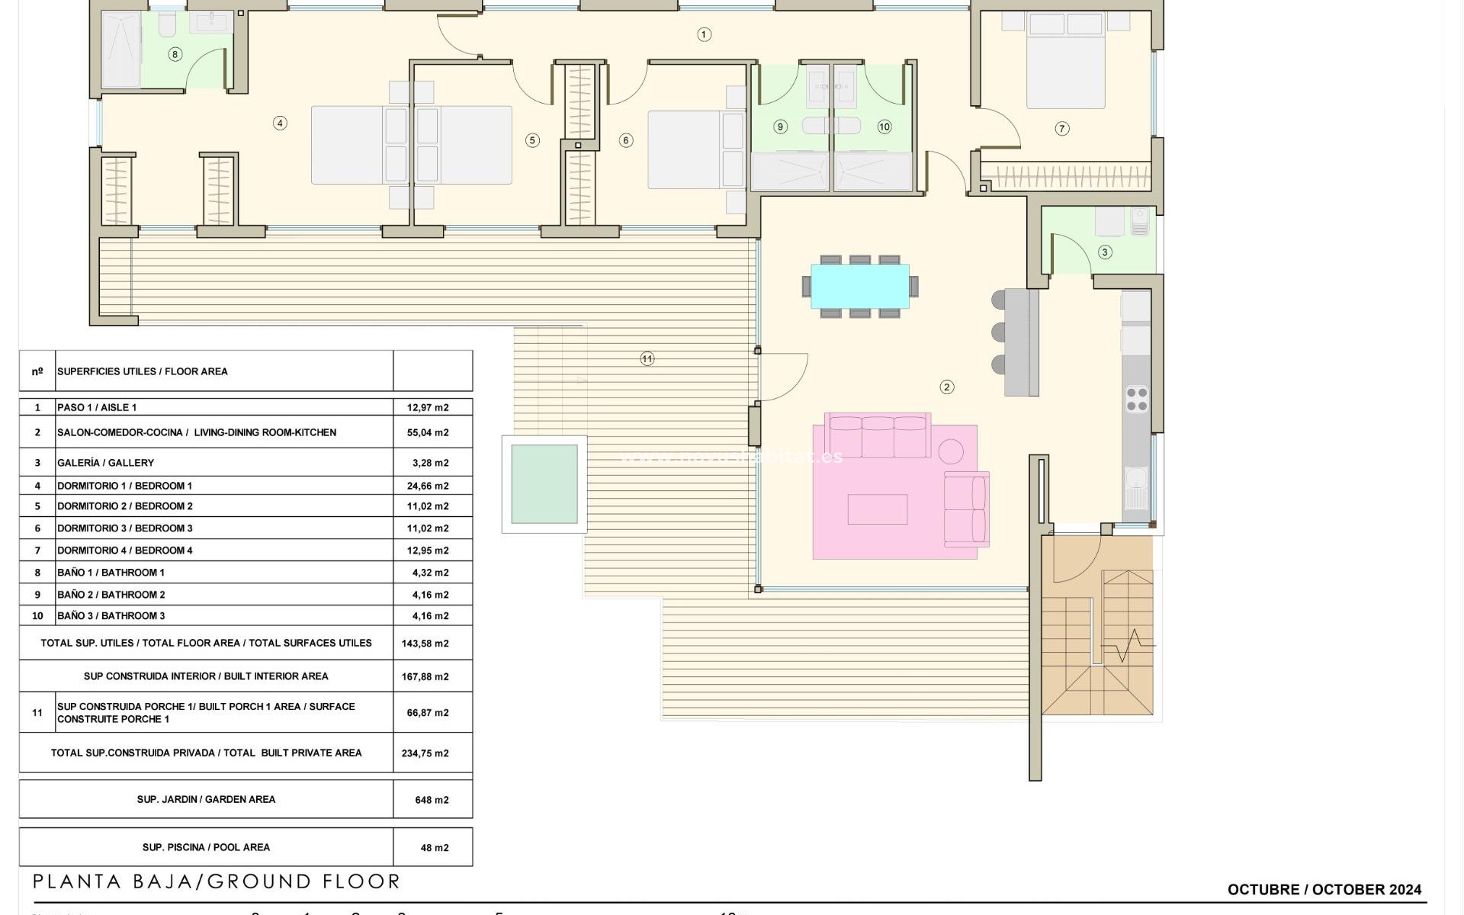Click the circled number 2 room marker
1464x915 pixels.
[x=946, y=387]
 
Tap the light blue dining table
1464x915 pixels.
[x=859, y=286]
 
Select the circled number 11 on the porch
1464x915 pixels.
[x=647, y=358]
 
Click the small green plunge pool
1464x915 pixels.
[x=544, y=484]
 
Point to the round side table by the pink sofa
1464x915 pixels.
[x=950, y=451]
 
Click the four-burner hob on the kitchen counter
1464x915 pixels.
[x=1136, y=400]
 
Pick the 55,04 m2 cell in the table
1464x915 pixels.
[x=427, y=432]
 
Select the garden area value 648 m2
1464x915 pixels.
[x=432, y=800]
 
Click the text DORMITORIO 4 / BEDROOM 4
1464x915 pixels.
[x=125, y=551]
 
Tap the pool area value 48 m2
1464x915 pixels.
[x=434, y=847]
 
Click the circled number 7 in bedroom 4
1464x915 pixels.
[x=1061, y=129]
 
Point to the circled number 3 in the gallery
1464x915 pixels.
[x=1104, y=252]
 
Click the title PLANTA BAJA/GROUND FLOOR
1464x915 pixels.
[x=217, y=882]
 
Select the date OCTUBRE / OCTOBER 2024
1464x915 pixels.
[x=1324, y=889]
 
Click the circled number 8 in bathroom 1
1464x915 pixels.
[x=175, y=54]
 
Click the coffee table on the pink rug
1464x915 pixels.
[x=877, y=509]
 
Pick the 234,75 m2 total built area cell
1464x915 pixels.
[x=425, y=753]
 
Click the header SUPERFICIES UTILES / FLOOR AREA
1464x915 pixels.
[x=143, y=371]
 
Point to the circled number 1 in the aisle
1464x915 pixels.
[x=704, y=34]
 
